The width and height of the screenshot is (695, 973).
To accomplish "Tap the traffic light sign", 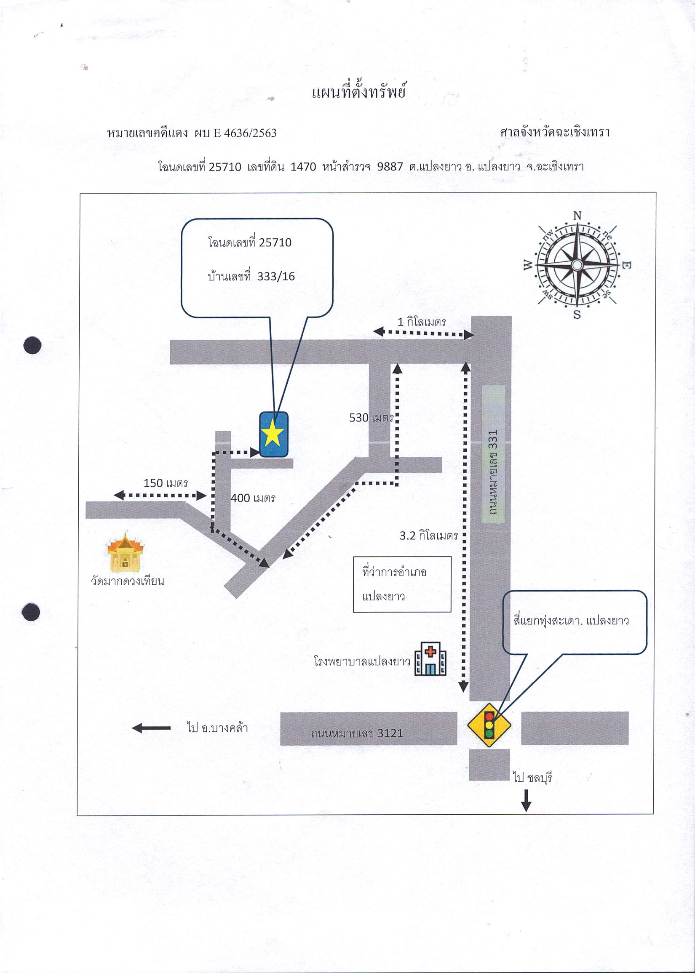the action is click(489, 725).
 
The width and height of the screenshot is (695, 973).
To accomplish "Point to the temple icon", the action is click(125, 552).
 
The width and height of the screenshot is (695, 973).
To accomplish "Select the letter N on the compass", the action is click(577, 216).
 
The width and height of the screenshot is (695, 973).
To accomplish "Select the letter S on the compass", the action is click(577, 315).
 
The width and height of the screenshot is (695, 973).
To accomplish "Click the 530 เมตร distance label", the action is click(371, 417).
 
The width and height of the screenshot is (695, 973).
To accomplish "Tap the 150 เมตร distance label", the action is click(166, 483).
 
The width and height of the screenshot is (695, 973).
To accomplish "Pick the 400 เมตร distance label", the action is click(253, 498).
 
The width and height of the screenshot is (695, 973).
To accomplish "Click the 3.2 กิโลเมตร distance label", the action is click(429, 536).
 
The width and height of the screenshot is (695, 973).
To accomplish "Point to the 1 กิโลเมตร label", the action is click(422, 322).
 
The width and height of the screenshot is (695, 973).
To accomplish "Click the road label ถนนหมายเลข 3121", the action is click(357, 733).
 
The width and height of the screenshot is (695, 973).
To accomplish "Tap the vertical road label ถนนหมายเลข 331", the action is click(493, 472).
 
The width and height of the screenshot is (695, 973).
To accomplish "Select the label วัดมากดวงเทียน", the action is click(128, 581).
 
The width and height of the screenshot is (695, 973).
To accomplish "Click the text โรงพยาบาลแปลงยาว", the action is click(362, 661).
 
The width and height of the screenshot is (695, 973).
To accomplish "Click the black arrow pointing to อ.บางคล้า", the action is click(151, 728).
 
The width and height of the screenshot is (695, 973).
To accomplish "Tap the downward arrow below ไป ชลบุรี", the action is click(526, 800).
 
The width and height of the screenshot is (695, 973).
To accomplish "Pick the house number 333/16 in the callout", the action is click(276, 276).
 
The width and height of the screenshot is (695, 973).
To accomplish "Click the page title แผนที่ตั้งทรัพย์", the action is click(358, 92).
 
